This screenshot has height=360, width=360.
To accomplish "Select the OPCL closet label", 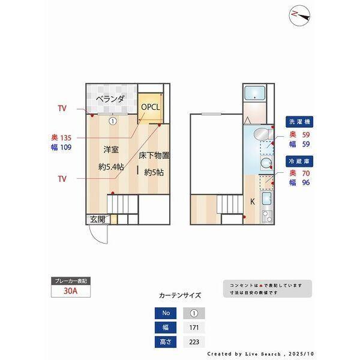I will point(151,107).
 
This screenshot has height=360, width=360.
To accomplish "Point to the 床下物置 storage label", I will point(154,155).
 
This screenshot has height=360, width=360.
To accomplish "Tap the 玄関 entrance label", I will point(97,220).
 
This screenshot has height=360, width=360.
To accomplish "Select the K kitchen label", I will point(252,202).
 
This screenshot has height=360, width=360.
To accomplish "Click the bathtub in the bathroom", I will point(257,94).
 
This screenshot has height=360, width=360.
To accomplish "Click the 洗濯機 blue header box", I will point(299,122).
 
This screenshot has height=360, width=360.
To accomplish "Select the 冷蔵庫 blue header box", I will point(299,161).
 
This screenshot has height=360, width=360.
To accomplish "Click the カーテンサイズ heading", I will point(179,295).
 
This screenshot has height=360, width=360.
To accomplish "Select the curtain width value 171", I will point(193,328).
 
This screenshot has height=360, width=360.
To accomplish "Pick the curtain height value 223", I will point(193,342).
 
